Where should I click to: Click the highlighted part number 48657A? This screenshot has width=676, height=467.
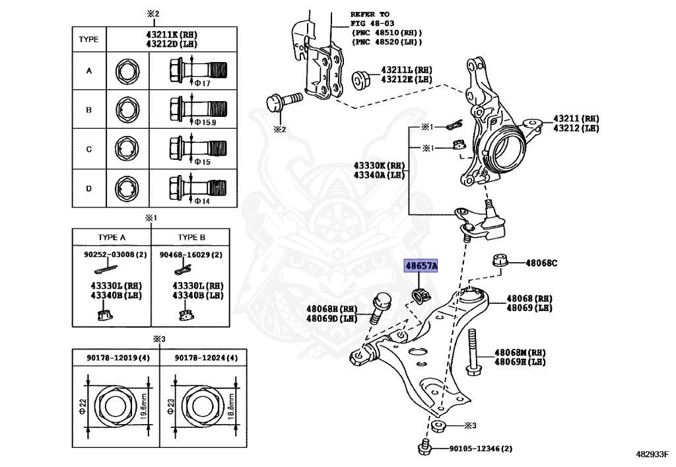(421, 266)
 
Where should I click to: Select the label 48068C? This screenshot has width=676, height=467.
(541, 263)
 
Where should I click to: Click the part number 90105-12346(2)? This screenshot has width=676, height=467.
(481, 449)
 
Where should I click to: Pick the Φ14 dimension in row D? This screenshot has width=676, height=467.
(201, 201)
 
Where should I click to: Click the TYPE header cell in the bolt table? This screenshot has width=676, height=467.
(88, 39)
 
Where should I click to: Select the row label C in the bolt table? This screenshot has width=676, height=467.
(88, 149)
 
